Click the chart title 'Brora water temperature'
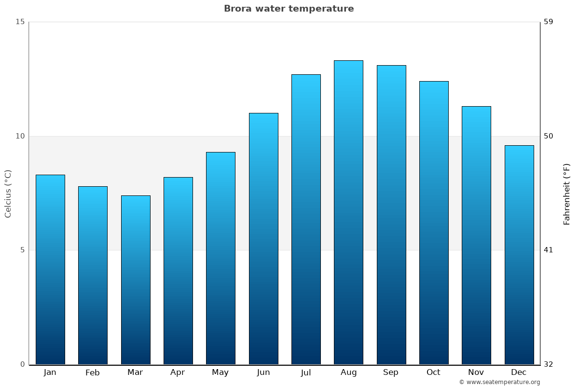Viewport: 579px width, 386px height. [289, 9]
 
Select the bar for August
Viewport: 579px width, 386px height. [348, 212]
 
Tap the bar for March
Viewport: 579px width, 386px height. [136, 280]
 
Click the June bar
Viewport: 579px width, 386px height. [263, 238]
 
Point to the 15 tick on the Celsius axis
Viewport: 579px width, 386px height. [20, 22]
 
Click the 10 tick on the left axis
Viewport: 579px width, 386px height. [20, 136]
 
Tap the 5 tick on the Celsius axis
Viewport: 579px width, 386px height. [22, 250]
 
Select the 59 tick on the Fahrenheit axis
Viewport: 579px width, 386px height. [549, 22]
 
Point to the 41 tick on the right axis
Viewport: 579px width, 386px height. [549, 250]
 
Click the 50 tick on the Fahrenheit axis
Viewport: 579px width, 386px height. [549, 136]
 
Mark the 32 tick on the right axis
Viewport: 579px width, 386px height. [549, 364]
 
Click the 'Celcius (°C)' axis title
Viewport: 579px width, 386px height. [8, 193]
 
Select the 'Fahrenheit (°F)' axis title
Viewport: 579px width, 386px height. [567, 193]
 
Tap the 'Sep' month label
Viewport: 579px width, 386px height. [391, 372]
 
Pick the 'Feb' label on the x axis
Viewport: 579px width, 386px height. [93, 372]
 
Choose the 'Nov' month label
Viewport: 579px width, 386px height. [476, 372]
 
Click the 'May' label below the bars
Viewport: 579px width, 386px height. [221, 372]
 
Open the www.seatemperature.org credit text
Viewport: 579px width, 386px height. [499, 382]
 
